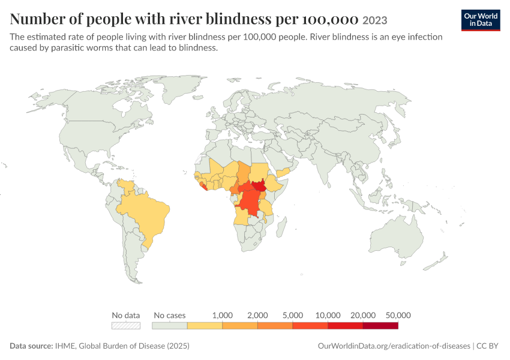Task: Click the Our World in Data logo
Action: [x=481, y=20]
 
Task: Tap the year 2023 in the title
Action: [x=374, y=20]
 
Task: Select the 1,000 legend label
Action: [x=223, y=315]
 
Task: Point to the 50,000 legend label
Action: [x=398, y=315]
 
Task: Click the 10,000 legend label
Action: [x=328, y=315]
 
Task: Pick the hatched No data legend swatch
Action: [x=126, y=326]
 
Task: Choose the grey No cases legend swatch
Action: [x=169, y=326]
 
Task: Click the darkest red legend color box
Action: [x=380, y=326]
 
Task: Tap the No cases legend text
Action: [x=169, y=315]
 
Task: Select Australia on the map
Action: [x=397, y=239]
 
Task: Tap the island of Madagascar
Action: [x=281, y=227]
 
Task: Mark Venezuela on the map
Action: [x=126, y=187]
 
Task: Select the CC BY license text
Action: [x=487, y=346]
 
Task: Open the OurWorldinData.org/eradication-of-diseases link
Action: [x=394, y=346]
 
